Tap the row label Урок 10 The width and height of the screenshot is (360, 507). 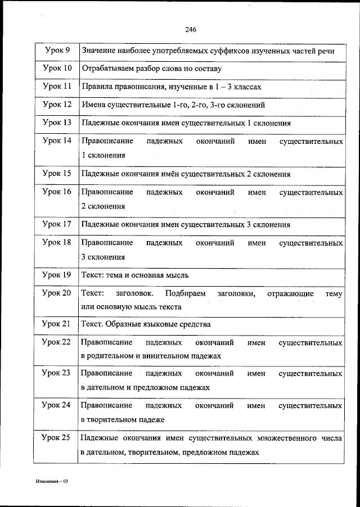coord(57,69)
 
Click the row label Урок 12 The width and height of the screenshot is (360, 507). coord(57,105)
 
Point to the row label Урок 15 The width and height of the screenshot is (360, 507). coord(57,174)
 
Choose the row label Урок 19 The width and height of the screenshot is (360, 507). coord(57,275)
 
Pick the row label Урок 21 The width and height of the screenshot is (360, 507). coord(57,324)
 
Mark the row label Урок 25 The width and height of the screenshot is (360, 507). coord(57,437)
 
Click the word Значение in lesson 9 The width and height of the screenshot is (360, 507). coord(99,51)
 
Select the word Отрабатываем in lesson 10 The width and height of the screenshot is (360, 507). coord(109,69)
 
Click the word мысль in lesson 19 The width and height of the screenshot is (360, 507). coord(176,275)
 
